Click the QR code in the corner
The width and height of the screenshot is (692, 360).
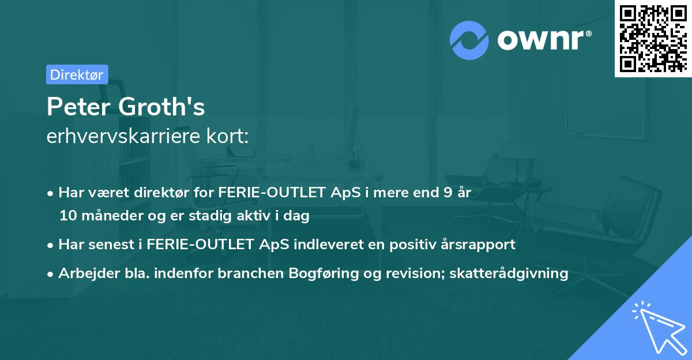coord(653,39)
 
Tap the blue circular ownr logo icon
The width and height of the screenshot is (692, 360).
coord(468,40)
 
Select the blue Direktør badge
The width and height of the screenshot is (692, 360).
coord(77,74)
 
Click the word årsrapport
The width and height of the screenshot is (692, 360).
coord(480,244)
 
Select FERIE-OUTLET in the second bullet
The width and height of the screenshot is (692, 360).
coord(195,244)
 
